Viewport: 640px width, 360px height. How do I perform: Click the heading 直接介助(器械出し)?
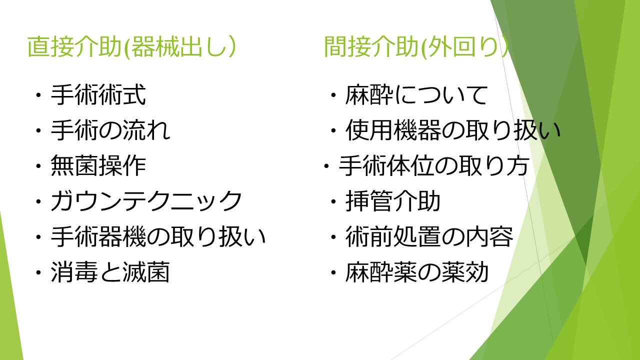[131, 46]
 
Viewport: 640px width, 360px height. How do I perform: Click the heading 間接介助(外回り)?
[416, 46]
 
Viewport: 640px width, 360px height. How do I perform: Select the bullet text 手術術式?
[98, 95]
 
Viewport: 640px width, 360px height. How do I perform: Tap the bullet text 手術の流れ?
[110, 130]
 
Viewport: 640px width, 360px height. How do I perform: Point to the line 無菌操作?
[98, 165]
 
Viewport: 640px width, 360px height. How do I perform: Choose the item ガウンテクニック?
[146, 201]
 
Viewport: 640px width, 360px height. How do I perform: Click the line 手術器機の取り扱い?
[158, 237]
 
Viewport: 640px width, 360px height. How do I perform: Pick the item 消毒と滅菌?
[110, 272]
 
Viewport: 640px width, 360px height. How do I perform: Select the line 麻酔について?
[416, 95]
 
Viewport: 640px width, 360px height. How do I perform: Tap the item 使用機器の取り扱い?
[453, 130]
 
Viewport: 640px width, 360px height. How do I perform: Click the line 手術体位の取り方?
[434, 165]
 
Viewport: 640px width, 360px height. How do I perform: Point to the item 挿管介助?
[393, 201]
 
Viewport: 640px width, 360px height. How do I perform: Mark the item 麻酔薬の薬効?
[417, 272]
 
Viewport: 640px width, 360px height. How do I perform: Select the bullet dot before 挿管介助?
[333, 201]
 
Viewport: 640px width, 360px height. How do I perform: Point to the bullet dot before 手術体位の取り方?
[326, 166]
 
